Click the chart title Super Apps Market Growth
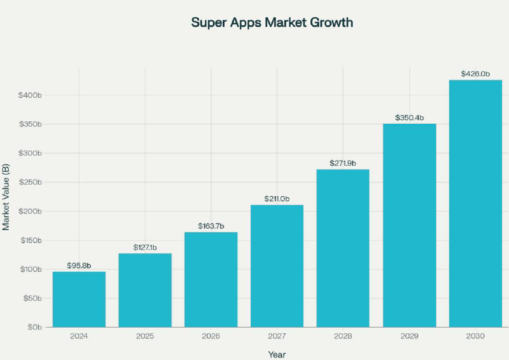272,22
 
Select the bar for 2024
79,299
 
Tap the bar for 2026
211,279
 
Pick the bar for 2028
343,248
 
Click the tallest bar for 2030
475,203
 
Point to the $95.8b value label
79,265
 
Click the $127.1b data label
145,247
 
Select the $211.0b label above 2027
277,199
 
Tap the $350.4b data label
409,117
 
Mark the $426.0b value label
475,74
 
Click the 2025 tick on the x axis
145,336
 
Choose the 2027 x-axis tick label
277,336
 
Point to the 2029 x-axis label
409,336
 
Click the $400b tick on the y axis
30,95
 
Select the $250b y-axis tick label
30,182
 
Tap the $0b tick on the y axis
33,328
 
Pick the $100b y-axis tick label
30,269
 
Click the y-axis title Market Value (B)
6,197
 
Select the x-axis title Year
277,354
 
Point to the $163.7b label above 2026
211,225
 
